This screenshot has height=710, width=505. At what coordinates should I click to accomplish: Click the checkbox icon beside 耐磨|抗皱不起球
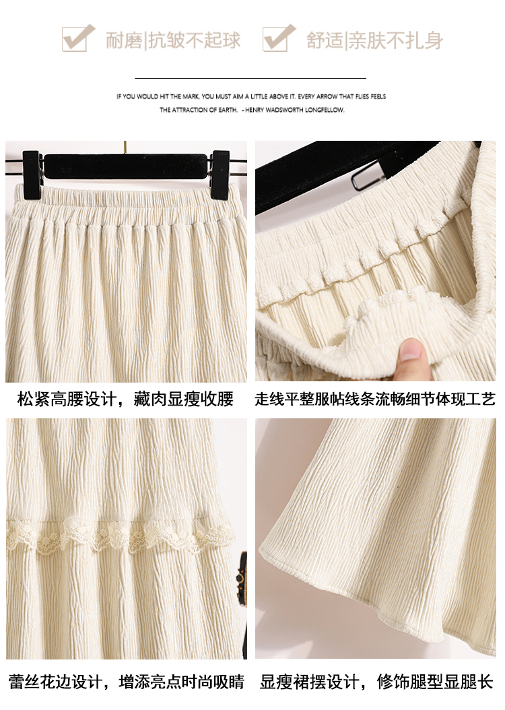[x=78, y=38]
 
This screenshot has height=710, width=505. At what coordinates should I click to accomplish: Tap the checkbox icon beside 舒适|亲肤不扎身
[x=279, y=38]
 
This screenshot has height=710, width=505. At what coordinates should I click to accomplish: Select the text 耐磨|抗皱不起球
[x=173, y=40]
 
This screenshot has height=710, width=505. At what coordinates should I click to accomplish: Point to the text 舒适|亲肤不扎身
[x=374, y=40]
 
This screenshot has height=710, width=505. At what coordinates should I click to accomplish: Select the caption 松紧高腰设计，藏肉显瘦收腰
[x=125, y=399]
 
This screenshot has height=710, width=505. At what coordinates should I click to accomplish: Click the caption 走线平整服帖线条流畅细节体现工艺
[x=375, y=399]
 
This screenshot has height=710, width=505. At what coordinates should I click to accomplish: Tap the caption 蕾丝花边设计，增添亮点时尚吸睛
[x=127, y=682]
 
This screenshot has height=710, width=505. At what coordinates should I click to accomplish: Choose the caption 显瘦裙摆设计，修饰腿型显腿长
[x=376, y=682]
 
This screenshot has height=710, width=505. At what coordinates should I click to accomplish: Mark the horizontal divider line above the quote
[x=250, y=78]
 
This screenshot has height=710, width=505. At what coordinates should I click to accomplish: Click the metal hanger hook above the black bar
[x=125, y=148]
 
